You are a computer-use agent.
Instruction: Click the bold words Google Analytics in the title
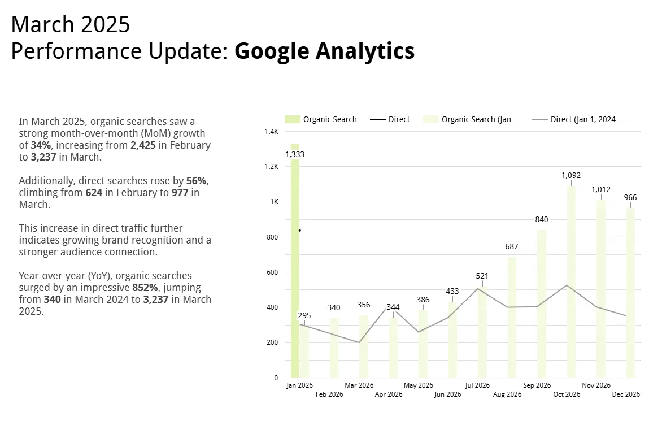point(324,51)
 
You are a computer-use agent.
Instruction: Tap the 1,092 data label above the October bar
point(571,175)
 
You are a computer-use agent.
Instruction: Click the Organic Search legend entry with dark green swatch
point(322,119)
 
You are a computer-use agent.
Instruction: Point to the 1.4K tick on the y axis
point(271,132)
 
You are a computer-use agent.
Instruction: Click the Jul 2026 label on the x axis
point(477,385)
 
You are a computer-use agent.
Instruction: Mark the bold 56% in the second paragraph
point(197,181)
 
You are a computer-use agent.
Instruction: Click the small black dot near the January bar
point(299,231)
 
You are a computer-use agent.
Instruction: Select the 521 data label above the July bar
point(482,276)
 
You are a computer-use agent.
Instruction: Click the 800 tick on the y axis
point(272,237)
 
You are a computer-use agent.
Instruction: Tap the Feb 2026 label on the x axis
point(329,394)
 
